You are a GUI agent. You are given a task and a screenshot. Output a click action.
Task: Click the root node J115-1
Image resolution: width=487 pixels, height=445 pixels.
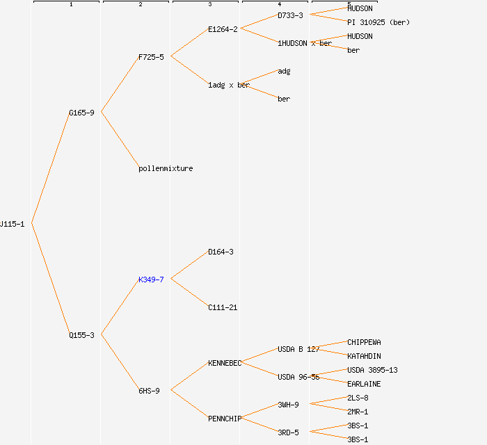tap(13, 224)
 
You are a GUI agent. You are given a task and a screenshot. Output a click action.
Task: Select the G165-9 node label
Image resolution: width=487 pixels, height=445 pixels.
tap(81, 113)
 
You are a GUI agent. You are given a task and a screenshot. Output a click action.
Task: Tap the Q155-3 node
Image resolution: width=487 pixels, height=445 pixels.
tap(81, 335)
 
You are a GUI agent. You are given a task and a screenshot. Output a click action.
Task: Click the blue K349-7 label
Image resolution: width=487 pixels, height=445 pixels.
tap(151, 280)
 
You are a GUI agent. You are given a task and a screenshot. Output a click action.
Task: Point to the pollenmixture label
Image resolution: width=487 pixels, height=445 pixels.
tap(166, 168)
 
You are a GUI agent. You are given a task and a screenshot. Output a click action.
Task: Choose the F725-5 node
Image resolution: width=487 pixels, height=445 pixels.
tap(151, 57)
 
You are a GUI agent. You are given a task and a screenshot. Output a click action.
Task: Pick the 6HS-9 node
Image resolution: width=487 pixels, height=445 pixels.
tap(149, 391)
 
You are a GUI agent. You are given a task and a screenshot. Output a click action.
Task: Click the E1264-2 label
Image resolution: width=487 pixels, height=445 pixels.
tap(223, 29)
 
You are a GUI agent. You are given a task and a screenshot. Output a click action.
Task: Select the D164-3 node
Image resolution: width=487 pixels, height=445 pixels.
tap(221, 252)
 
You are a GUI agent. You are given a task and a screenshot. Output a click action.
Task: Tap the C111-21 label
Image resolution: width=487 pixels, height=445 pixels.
tap(223, 307)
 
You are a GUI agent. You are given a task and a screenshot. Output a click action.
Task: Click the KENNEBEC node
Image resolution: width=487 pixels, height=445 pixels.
tap(225, 363)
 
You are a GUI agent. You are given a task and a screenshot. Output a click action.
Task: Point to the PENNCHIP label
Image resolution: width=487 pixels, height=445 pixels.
tap(225, 419)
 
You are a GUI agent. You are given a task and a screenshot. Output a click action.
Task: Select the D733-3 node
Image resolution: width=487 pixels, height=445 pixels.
tap(290, 15)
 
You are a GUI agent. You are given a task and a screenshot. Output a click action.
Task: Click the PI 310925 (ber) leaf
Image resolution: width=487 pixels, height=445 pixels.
tap(378, 22)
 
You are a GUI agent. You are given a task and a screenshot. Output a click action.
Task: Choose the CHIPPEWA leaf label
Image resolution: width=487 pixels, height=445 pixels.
tap(364, 342)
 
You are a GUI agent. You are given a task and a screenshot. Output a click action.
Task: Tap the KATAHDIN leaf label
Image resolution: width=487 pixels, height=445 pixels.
tap(364, 356)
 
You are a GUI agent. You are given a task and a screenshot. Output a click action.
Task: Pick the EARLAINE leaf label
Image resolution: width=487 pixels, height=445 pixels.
tap(364, 384)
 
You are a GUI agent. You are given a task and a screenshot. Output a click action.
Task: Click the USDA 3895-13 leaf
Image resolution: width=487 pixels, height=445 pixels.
tap(372, 370)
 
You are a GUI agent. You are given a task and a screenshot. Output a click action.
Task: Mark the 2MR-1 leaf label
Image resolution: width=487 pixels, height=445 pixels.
tap(358, 412)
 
